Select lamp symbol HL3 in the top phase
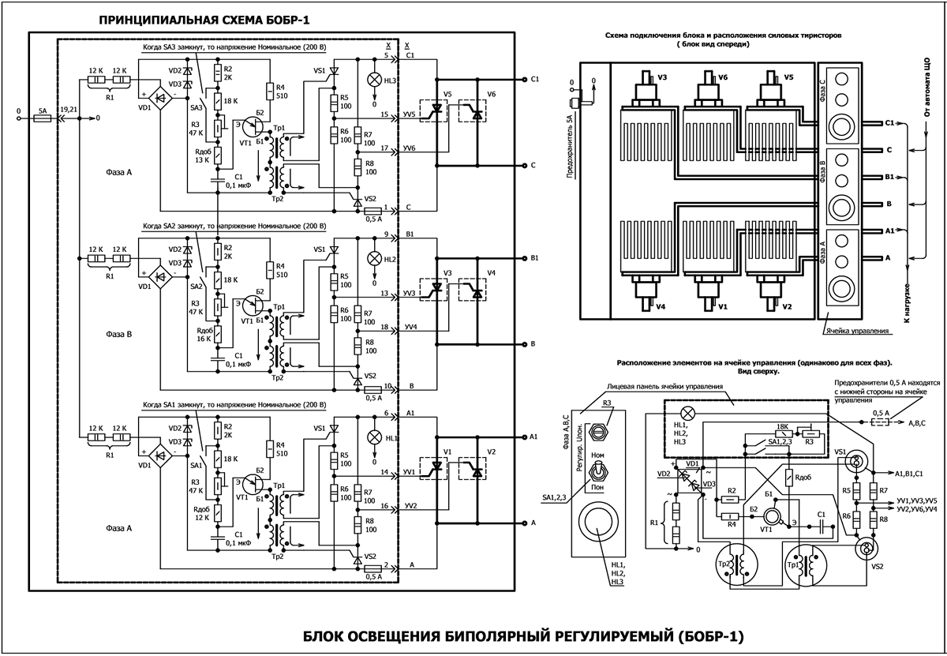[x=374, y=81]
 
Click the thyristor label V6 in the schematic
[x=492, y=95]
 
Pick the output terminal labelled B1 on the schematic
[x=525, y=258]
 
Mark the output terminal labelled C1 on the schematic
[x=525, y=80]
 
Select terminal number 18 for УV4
[x=384, y=326]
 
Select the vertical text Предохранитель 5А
[x=570, y=147]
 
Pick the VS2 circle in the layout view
[x=866, y=548]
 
